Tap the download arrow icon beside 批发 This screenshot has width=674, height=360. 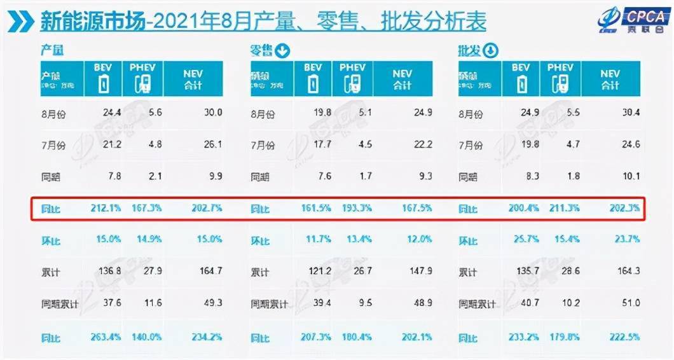pos(492,51)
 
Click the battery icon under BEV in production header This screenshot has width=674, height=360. pos(103,83)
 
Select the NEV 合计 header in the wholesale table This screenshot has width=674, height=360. pos(610,79)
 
